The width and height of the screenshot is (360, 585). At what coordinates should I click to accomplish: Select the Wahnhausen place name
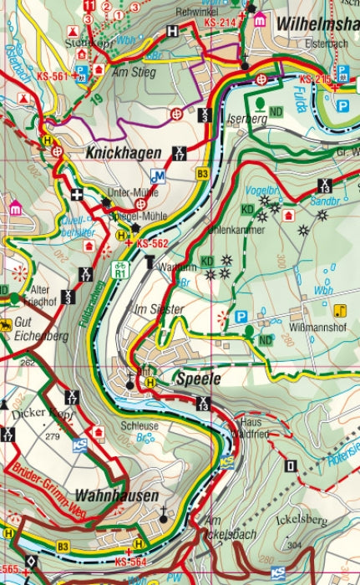(116, 496)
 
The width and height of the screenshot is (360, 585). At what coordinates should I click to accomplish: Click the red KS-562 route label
(153, 243)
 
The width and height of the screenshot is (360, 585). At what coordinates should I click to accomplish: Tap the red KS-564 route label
(131, 562)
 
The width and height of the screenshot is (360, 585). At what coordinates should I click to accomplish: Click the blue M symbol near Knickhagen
(157, 176)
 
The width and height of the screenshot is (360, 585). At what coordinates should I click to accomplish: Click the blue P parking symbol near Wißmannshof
(241, 316)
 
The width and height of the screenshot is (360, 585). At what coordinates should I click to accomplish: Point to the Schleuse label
(139, 425)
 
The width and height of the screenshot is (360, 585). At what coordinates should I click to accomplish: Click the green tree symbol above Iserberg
(261, 104)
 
